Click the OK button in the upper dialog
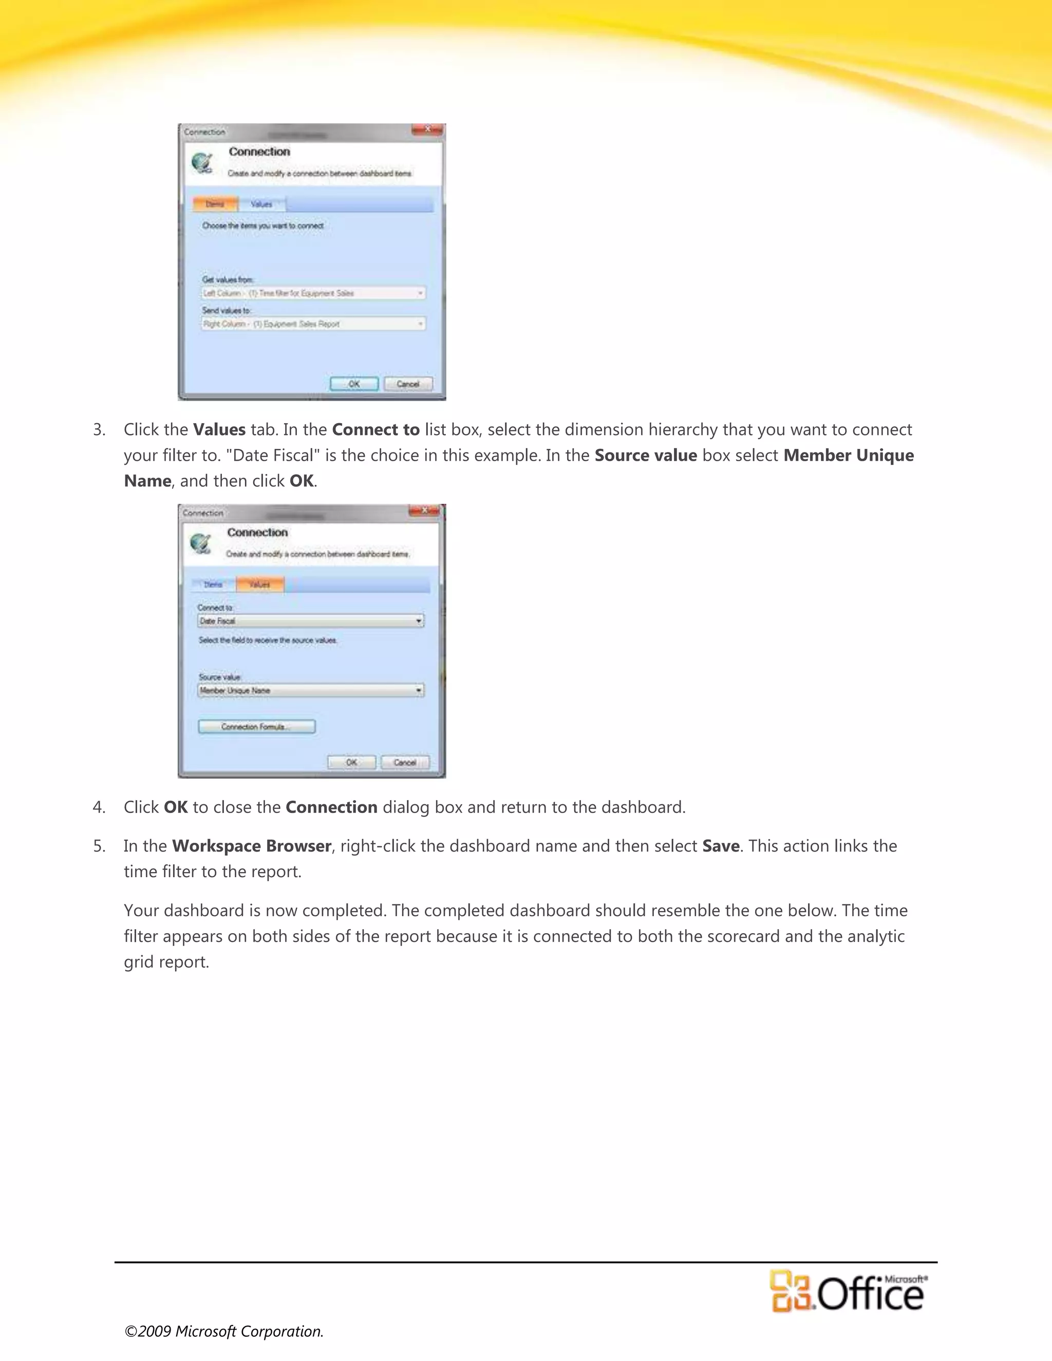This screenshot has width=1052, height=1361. pyautogui.click(x=354, y=384)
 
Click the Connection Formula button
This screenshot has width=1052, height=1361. pyautogui.click(x=257, y=727)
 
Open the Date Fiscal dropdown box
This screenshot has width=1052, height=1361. pyautogui.click(x=311, y=621)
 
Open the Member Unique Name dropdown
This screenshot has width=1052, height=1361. pyautogui.click(x=311, y=690)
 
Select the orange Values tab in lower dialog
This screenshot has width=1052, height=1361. pyautogui.click(x=260, y=584)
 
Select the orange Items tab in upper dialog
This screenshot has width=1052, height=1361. pyautogui.click(x=215, y=204)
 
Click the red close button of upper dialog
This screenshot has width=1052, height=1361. pyautogui.click(x=427, y=129)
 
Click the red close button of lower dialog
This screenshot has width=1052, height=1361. pyautogui.click(x=425, y=511)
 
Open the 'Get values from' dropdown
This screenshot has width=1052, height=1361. pyautogui.click(x=313, y=293)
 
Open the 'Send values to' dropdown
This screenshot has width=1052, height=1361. pyautogui.click(x=313, y=324)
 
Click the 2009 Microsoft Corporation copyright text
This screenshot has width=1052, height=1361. pyautogui.click(x=224, y=1331)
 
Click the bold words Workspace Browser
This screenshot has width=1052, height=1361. pyautogui.click(x=252, y=846)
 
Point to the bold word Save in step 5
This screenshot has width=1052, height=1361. pyautogui.click(x=721, y=846)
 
